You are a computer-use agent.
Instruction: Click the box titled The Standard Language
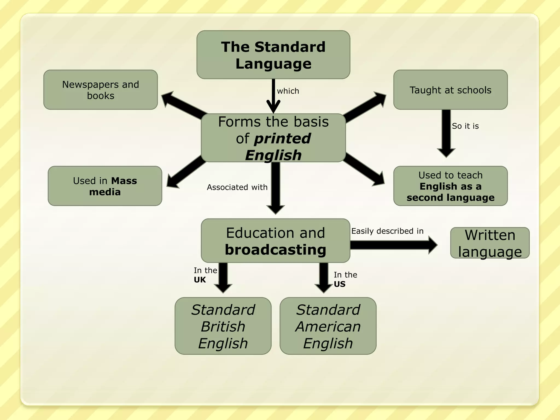point(273,55)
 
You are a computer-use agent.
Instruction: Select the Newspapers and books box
point(100,90)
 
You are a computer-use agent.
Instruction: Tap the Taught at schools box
point(450,90)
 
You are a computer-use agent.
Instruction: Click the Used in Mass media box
point(105,186)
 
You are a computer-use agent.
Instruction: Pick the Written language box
point(490,243)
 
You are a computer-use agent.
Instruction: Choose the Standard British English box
point(223,326)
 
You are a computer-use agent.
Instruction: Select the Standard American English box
point(328,326)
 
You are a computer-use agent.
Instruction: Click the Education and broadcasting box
point(275,241)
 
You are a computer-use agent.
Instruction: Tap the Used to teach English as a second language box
point(450,186)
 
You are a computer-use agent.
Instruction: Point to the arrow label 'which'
point(288,91)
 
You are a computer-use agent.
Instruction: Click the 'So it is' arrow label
point(465,126)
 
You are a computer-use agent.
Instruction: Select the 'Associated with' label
point(237,187)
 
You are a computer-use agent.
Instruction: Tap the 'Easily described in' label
point(387,231)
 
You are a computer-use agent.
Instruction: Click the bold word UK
point(200,280)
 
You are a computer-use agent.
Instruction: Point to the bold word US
point(339,284)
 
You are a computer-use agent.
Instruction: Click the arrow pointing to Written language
point(394,245)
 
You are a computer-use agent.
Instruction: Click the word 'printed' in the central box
point(282,138)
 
